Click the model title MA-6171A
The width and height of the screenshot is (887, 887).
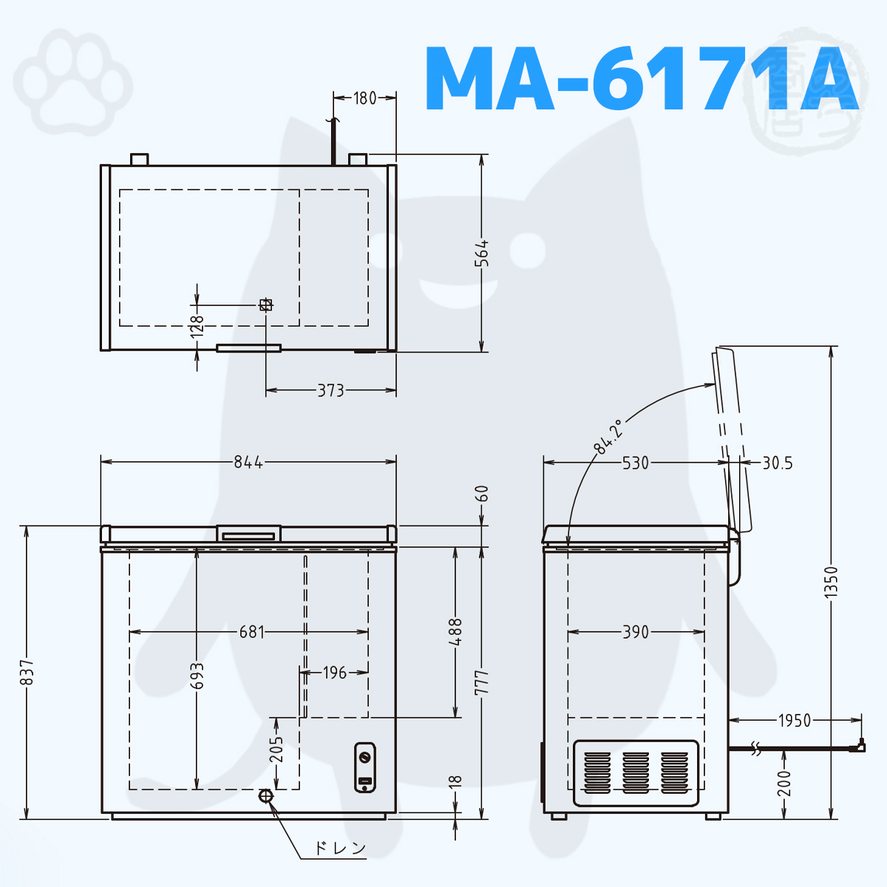[x=642, y=78]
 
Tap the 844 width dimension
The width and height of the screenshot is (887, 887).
[x=248, y=462]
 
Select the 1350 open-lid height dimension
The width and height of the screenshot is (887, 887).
[x=832, y=582]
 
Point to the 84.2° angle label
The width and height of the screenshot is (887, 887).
[x=608, y=436]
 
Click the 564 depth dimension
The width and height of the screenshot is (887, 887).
[x=482, y=254]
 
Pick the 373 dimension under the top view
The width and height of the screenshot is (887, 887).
[x=331, y=390]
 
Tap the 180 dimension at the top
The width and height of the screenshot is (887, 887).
[x=364, y=98]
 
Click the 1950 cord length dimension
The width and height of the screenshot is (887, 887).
[x=795, y=721]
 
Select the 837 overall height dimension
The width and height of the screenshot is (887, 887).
[x=27, y=672]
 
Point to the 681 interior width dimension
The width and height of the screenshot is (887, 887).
[x=252, y=632]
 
